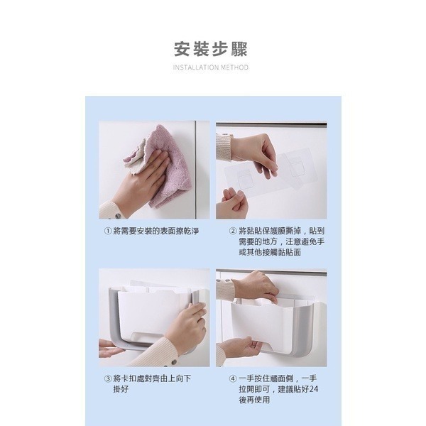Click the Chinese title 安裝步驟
(x=211, y=50)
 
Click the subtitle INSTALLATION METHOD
(x=211, y=68)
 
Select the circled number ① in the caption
(x=107, y=231)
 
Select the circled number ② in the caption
(x=232, y=231)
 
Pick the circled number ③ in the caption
(x=107, y=378)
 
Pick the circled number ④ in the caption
(x=232, y=378)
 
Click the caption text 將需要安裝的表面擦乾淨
(x=155, y=231)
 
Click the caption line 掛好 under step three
(x=121, y=389)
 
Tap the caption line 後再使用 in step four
(x=254, y=400)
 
